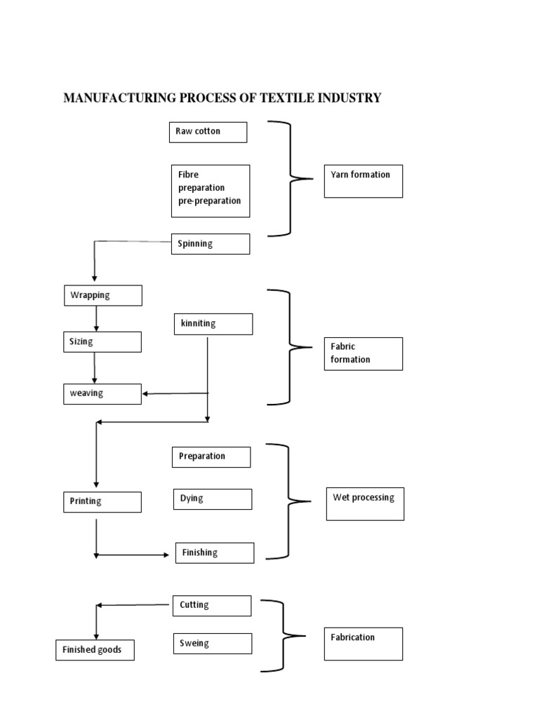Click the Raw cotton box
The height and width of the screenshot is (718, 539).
coord(208,132)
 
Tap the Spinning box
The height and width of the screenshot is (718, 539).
coord(211,244)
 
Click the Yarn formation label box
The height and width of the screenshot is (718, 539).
coord(364,181)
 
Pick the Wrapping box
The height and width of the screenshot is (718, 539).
coord(102,295)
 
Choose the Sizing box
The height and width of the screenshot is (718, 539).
coord(102,341)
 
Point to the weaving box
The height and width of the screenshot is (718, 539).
coord(102,393)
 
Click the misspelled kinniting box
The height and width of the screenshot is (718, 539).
coord(213,324)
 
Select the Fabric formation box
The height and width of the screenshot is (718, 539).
coord(364,353)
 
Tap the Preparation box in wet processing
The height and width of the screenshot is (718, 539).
coord(211,456)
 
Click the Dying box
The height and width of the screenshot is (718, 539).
coord(212,499)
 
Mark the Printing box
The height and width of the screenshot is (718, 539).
coord(102,501)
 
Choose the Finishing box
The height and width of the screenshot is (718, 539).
coord(214,553)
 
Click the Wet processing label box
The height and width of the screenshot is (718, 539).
coord(364,503)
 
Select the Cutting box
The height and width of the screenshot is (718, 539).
coord(211,605)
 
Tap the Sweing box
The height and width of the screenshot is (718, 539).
coord(212,644)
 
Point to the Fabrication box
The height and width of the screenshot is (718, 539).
coord(364,644)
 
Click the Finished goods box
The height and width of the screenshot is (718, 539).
coord(95,650)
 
